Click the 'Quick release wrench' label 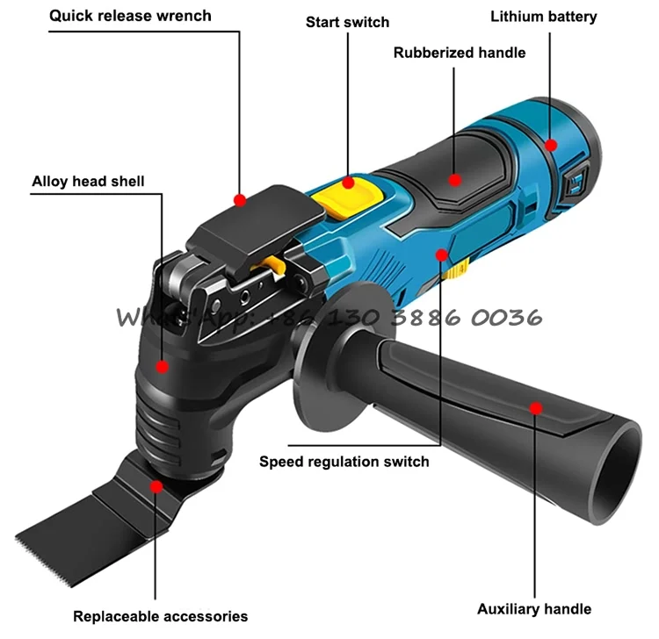coord(130,16)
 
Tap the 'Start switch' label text coord(347,21)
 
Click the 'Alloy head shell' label coord(89,182)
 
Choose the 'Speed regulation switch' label coord(344,461)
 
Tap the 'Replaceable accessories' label coord(160,615)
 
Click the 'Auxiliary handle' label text coord(534,608)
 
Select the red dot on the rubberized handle coord(454,180)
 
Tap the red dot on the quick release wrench coord(239,200)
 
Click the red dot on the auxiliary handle coord(535,406)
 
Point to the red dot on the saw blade coord(156,484)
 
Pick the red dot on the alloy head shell coord(163,366)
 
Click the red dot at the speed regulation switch coord(443,255)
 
